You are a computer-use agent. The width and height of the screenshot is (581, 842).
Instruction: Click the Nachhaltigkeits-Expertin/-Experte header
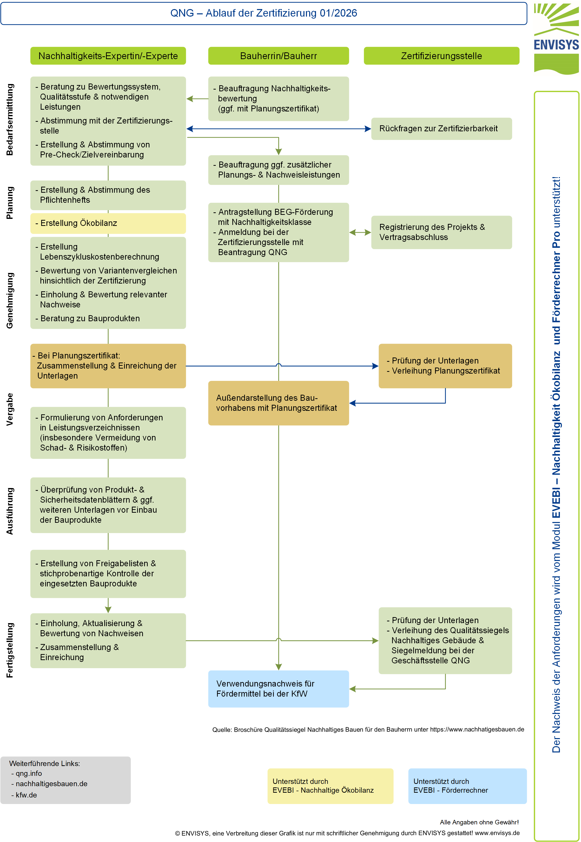click(108, 56)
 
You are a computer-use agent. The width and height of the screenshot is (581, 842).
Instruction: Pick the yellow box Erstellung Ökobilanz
click(108, 223)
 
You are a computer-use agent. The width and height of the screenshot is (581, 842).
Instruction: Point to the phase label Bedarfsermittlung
click(10, 119)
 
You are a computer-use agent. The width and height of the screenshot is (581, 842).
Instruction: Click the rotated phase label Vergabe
click(10, 409)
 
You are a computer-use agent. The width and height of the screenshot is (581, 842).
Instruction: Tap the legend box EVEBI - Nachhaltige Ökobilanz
click(330, 786)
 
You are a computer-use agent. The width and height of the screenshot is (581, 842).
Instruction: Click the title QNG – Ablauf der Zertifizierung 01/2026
click(263, 13)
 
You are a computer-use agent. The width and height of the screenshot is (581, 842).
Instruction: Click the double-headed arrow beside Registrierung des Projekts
click(360, 232)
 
